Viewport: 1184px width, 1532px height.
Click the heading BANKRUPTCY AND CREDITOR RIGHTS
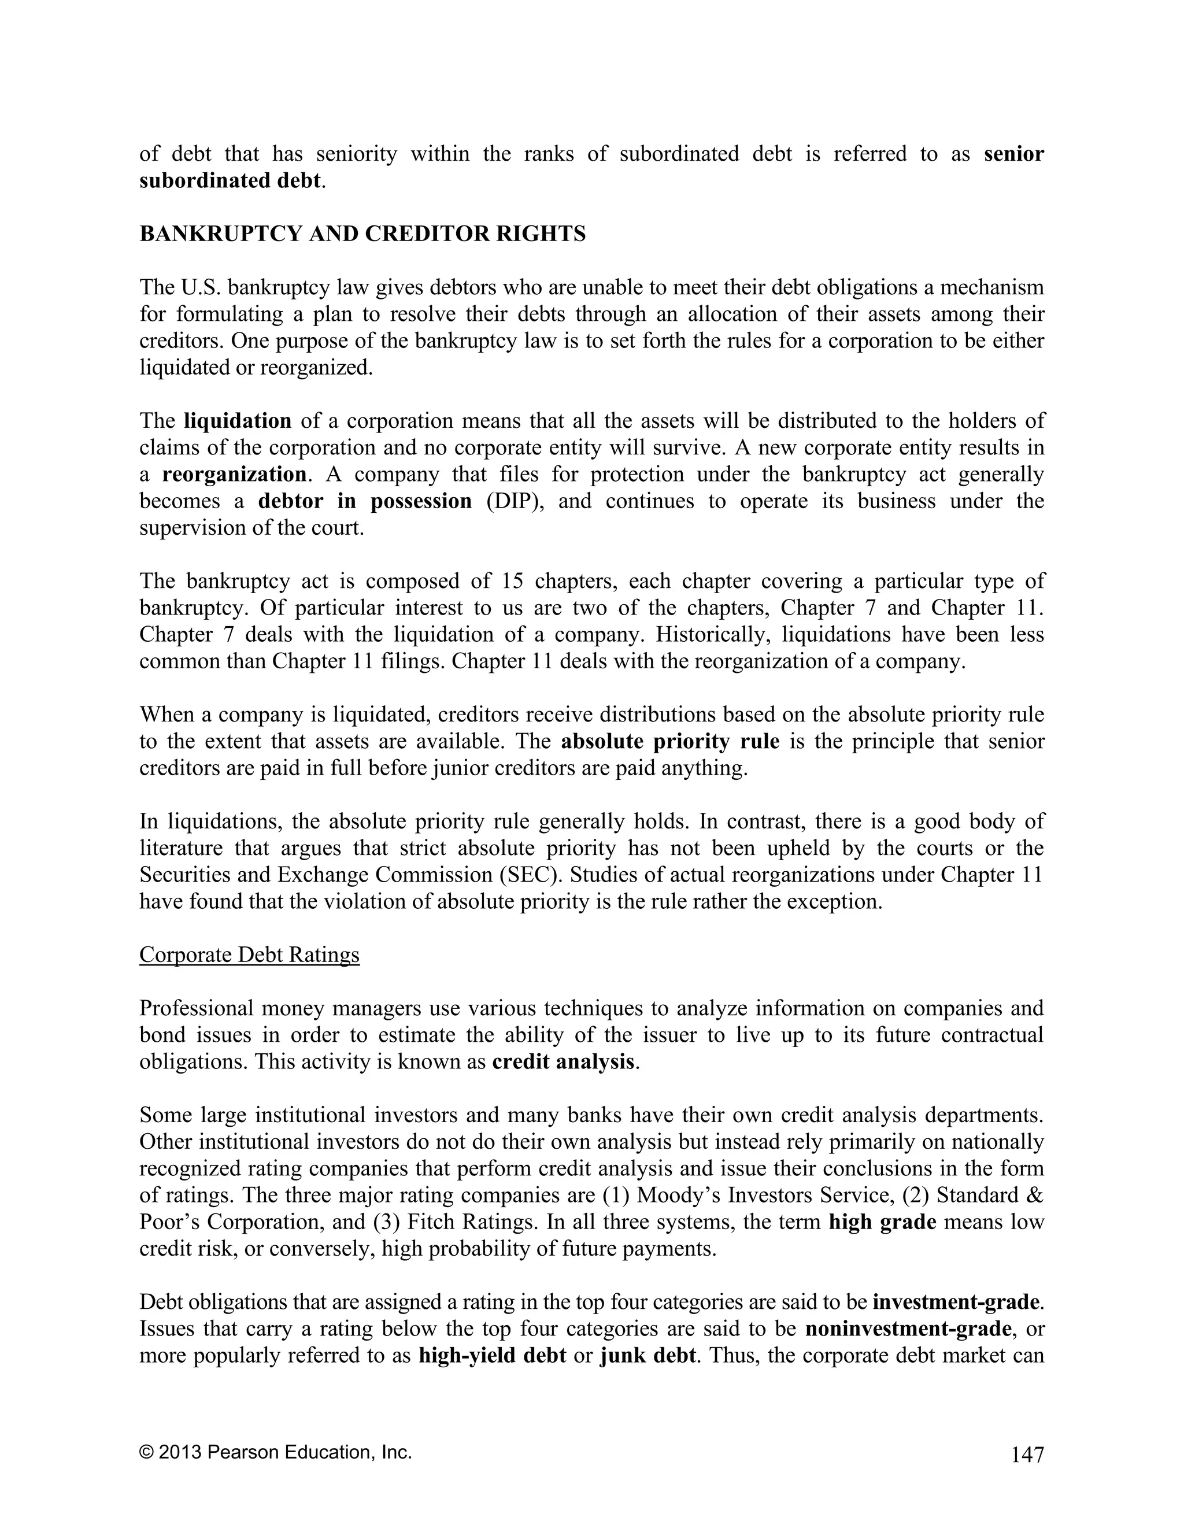point(362,234)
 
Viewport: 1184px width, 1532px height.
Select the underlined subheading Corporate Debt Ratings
point(249,954)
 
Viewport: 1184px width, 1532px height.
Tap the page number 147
point(1027,1456)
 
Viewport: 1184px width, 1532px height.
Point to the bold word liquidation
point(237,421)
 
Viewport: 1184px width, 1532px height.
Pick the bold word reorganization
point(234,474)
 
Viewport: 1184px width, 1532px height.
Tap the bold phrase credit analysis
point(563,1061)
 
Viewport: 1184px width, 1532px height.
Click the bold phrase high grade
point(882,1222)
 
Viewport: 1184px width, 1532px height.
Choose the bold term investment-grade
point(955,1302)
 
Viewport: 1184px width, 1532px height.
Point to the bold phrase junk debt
point(648,1355)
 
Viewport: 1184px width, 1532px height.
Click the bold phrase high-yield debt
point(492,1355)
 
